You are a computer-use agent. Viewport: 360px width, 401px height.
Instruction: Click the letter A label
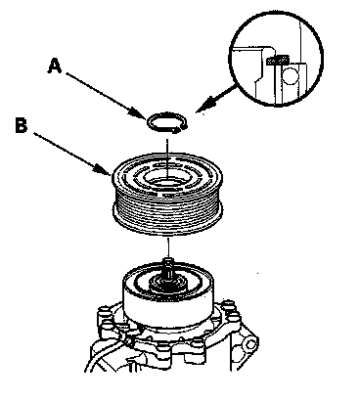click(55, 66)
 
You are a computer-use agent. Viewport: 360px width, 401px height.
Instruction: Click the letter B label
click(22, 125)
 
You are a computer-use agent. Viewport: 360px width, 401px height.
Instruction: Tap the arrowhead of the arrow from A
click(140, 113)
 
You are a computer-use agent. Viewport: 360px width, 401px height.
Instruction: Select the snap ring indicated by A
click(167, 123)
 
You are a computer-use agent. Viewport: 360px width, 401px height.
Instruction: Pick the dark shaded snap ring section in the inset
click(278, 60)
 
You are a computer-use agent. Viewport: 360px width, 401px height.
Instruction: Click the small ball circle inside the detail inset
click(290, 76)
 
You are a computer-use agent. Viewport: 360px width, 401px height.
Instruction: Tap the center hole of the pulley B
click(167, 181)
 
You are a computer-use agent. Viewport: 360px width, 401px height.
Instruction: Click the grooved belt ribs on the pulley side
click(167, 212)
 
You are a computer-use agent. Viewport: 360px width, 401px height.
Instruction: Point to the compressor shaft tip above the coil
click(168, 261)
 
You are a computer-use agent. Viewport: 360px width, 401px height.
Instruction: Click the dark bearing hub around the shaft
click(168, 283)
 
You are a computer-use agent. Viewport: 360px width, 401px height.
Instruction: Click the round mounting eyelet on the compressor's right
click(251, 344)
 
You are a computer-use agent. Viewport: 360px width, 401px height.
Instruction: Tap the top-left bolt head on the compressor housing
click(104, 311)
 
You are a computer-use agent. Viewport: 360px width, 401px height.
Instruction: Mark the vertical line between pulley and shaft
click(168, 247)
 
